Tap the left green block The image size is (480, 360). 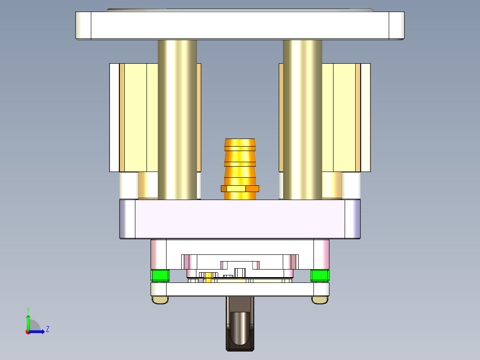coord(160,276)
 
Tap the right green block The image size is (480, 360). coord(320,276)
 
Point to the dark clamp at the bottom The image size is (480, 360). coord(240,323)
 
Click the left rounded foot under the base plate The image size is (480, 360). coord(160,300)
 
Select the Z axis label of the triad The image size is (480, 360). coord(47,329)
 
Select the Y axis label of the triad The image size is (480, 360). coord(28,309)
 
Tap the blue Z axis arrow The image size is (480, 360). coord(38,331)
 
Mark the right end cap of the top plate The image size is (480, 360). coord(397,25)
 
